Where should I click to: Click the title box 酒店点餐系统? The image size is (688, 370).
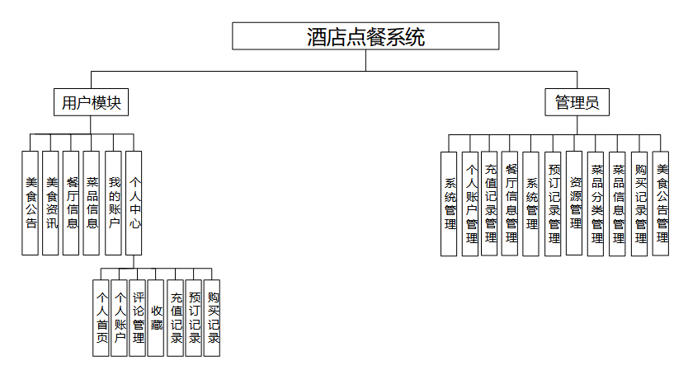point(365,36)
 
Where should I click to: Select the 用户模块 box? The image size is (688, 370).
point(92,103)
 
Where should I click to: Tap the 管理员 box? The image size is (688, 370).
point(577,103)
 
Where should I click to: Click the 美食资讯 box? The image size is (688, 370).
point(51,203)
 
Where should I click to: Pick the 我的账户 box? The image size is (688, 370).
point(114,203)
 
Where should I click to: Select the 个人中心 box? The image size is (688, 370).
point(134,203)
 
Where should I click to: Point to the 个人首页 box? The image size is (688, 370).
point(101,317)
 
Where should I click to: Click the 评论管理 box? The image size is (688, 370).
point(138,317)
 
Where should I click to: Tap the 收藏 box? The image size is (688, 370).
point(156,317)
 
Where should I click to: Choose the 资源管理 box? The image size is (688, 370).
point(575,203)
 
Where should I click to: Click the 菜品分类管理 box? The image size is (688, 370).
point(596,203)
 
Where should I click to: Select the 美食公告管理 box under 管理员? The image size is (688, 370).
point(661,203)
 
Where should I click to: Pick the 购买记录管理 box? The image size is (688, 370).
point(639,203)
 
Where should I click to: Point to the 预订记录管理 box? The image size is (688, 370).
point(554,203)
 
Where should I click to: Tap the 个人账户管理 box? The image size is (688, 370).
point(471,203)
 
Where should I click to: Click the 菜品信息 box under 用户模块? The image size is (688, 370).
point(92,203)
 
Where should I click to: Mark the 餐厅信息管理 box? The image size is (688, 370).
point(511,203)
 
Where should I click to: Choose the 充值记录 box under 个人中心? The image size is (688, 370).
point(175,317)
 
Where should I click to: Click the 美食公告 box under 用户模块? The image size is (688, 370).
point(31,203)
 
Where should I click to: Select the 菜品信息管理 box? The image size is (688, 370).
point(618,203)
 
